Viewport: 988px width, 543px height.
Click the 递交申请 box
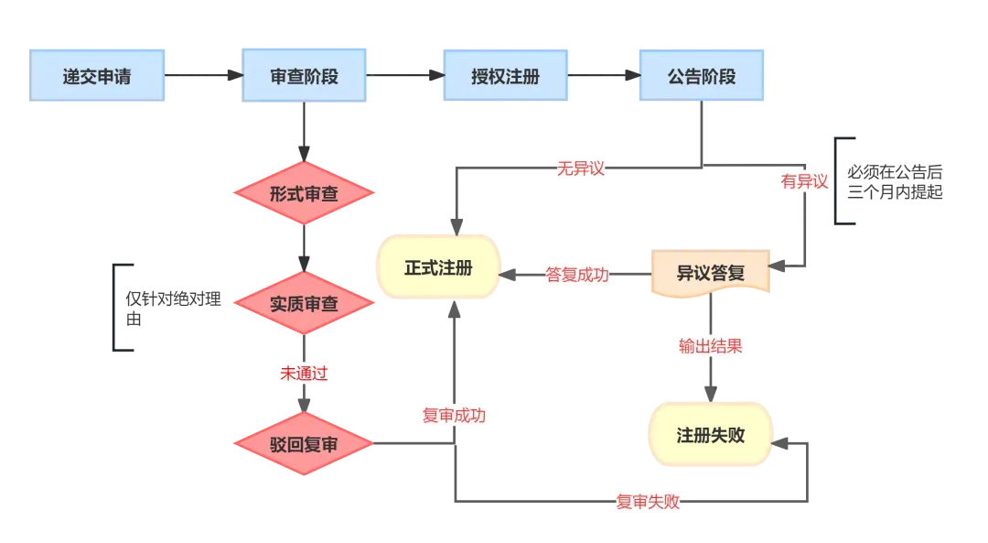point(97,76)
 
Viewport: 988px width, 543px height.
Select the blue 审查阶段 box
point(304,76)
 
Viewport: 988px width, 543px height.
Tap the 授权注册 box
point(505,76)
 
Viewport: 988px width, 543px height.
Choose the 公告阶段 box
point(702,76)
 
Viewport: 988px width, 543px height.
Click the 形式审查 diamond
point(304,193)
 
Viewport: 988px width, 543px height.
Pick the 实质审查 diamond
point(304,303)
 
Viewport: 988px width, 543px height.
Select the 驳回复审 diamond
point(304,444)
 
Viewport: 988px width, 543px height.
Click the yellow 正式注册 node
point(438,266)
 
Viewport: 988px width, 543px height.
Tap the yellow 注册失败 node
point(710,435)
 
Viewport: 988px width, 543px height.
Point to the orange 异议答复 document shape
point(710,273)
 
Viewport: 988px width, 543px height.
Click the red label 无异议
point(580,168)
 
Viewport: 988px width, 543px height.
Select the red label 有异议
point(804,181)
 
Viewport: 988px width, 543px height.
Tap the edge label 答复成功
point(577,275)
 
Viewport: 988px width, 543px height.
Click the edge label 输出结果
point(710,346)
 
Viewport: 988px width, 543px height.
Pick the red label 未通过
point(304,374)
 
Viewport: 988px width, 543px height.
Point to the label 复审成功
point(454,416)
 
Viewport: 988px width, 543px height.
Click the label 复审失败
point(648,502)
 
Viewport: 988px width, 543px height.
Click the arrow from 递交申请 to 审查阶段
point(203,75)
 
